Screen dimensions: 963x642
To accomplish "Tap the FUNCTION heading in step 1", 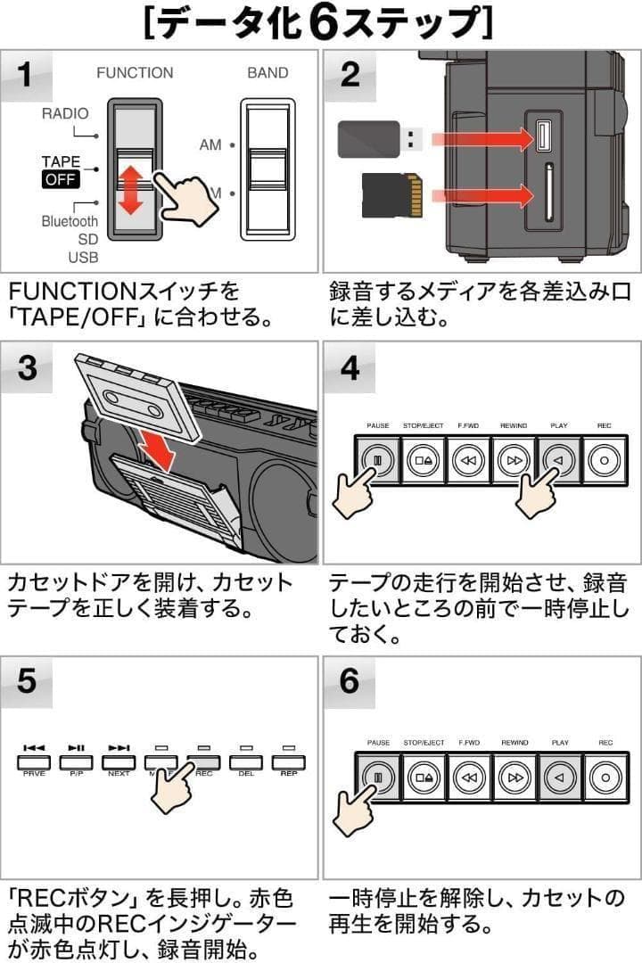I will [x=135, y=73].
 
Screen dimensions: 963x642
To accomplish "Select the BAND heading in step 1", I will [x=267, y=73].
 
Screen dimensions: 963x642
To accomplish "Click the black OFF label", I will [x=60, y=180].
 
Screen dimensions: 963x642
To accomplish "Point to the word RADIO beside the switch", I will [x=65, y=114].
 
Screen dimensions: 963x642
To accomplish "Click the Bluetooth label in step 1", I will [x=70, y=221].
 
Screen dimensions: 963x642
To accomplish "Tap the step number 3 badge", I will [x=28, y=367].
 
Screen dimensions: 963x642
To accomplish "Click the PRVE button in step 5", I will [x=34, y=761].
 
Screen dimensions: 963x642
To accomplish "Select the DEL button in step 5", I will [x=246, y=761].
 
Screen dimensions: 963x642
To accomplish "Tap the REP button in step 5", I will [x=289, y=761].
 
